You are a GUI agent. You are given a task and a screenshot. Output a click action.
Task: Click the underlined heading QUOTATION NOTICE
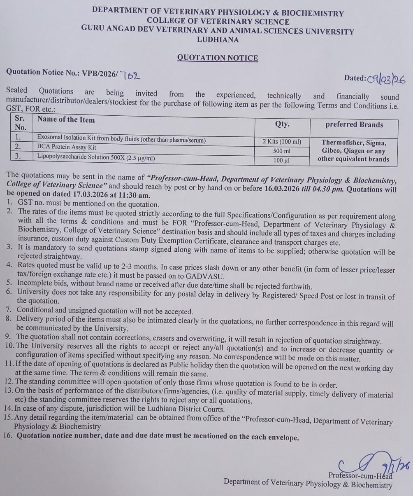click(x=218, y=58)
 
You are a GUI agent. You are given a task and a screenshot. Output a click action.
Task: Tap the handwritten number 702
click(x=130, y=75)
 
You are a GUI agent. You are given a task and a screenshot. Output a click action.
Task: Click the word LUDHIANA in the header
click(x=218, y=40)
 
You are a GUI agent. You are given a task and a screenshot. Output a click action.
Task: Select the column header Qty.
click(x=282, y=124)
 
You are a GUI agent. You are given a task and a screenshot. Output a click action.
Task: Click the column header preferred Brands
click(x=354, y=125)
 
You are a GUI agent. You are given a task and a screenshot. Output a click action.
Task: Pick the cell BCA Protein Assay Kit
click(x=67, y=147)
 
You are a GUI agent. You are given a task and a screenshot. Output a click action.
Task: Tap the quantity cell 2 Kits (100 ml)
click(x=282, y=142)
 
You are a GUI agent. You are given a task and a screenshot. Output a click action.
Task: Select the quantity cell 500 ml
click(x=282, y=151)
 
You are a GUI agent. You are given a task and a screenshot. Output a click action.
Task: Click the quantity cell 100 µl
click(x=282, y=160)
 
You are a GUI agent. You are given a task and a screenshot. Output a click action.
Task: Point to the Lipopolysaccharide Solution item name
click(x=96, y=157)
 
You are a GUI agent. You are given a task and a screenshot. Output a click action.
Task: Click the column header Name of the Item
click(x=66, y=120)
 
